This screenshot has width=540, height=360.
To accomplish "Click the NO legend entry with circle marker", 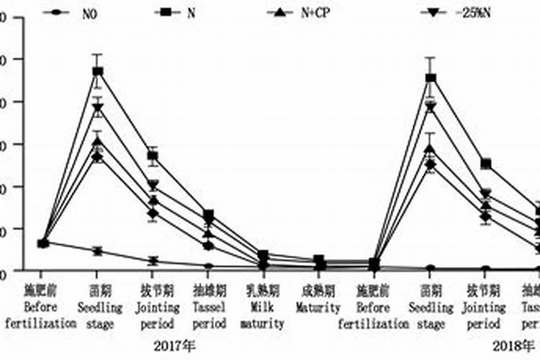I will point(72,12).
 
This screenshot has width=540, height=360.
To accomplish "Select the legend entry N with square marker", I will point(176,12).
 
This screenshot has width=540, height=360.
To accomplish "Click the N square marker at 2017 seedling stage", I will point(97,71).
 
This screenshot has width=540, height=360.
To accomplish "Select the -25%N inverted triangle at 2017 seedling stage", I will point(97,109).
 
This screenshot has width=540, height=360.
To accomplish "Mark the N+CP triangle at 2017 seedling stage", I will point(97,141).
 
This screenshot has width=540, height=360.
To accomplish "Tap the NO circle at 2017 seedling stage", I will point(97,251).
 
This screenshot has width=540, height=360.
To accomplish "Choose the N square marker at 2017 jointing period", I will point(153,156).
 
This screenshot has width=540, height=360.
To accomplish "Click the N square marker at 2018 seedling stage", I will point(431,78).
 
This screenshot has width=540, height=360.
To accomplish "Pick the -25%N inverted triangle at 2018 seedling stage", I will point(431,107).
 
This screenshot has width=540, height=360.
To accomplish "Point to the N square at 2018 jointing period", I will point(486,164).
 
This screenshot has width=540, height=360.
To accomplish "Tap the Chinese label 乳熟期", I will point(263,292).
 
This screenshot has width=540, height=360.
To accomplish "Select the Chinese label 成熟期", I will point(318,292).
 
